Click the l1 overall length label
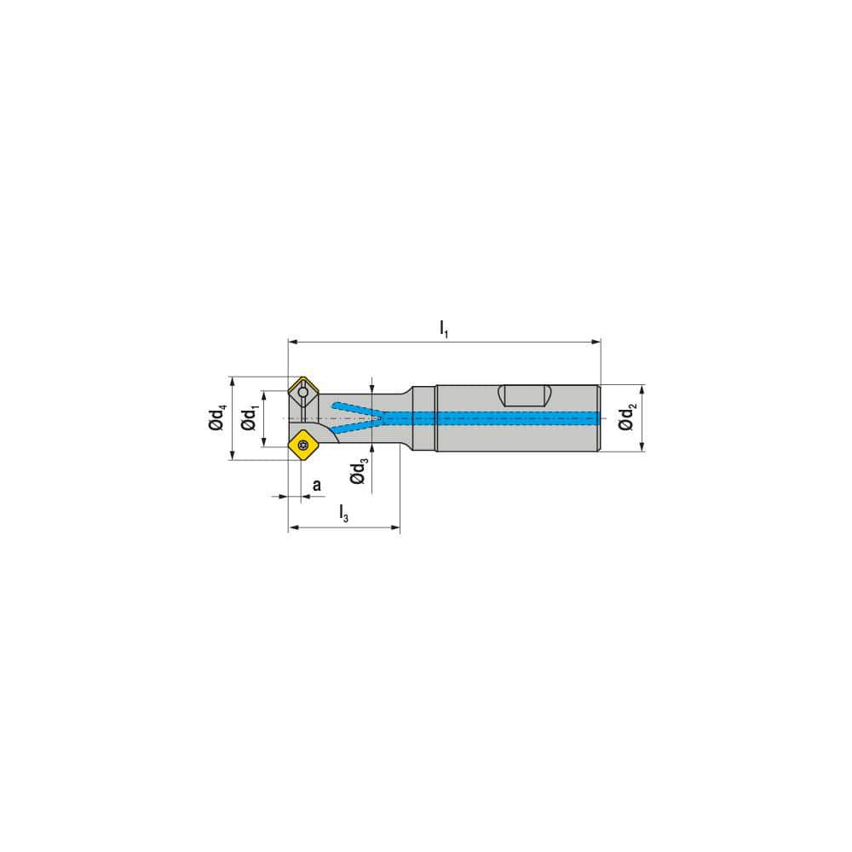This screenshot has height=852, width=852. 443,328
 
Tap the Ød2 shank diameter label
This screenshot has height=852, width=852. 627,417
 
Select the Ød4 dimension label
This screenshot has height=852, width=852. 218,418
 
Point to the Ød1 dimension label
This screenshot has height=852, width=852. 249,418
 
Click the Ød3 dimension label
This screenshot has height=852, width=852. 360,470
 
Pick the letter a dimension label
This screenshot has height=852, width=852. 316,485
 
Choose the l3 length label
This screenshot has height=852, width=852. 343,513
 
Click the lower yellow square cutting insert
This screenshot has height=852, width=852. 303,444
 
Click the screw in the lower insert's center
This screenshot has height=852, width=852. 303,444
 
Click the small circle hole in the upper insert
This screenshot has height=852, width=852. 303,393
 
